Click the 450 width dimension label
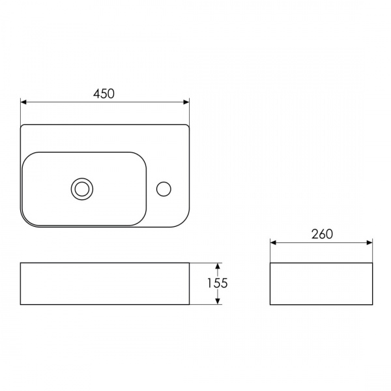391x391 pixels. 104,94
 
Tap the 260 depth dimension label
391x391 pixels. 322,234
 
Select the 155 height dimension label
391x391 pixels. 218,283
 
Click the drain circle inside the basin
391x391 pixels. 82,189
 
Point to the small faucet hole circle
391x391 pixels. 164,189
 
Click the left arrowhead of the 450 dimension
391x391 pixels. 23,102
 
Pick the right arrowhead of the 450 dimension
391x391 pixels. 186,102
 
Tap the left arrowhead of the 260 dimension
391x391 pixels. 273,242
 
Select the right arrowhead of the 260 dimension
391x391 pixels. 369,242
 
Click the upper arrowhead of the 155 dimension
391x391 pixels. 218,266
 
